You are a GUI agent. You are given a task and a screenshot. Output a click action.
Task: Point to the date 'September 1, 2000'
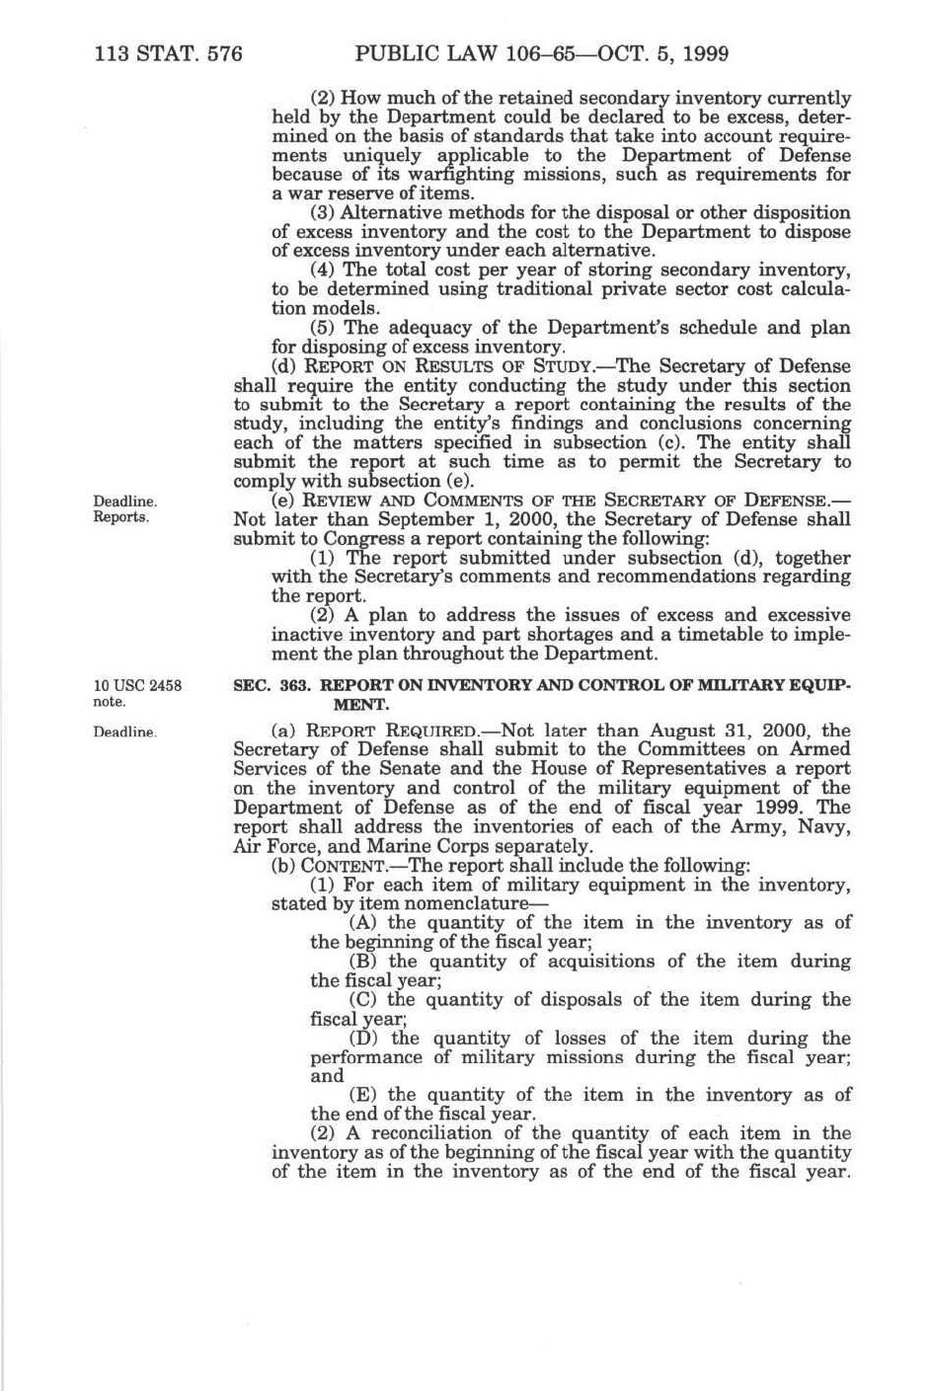[413, 520]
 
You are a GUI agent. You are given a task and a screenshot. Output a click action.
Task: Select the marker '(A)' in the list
[365, 923]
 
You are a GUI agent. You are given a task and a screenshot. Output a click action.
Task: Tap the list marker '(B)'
[365, 962]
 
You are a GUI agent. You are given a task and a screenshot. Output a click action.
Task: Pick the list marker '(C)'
[365, 1000]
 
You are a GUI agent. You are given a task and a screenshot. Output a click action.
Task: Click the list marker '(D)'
[365, 1039]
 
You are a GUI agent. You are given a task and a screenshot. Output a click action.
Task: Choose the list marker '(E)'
[365, 1096]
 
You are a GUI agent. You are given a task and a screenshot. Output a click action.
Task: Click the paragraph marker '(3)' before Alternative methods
[324, 213]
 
